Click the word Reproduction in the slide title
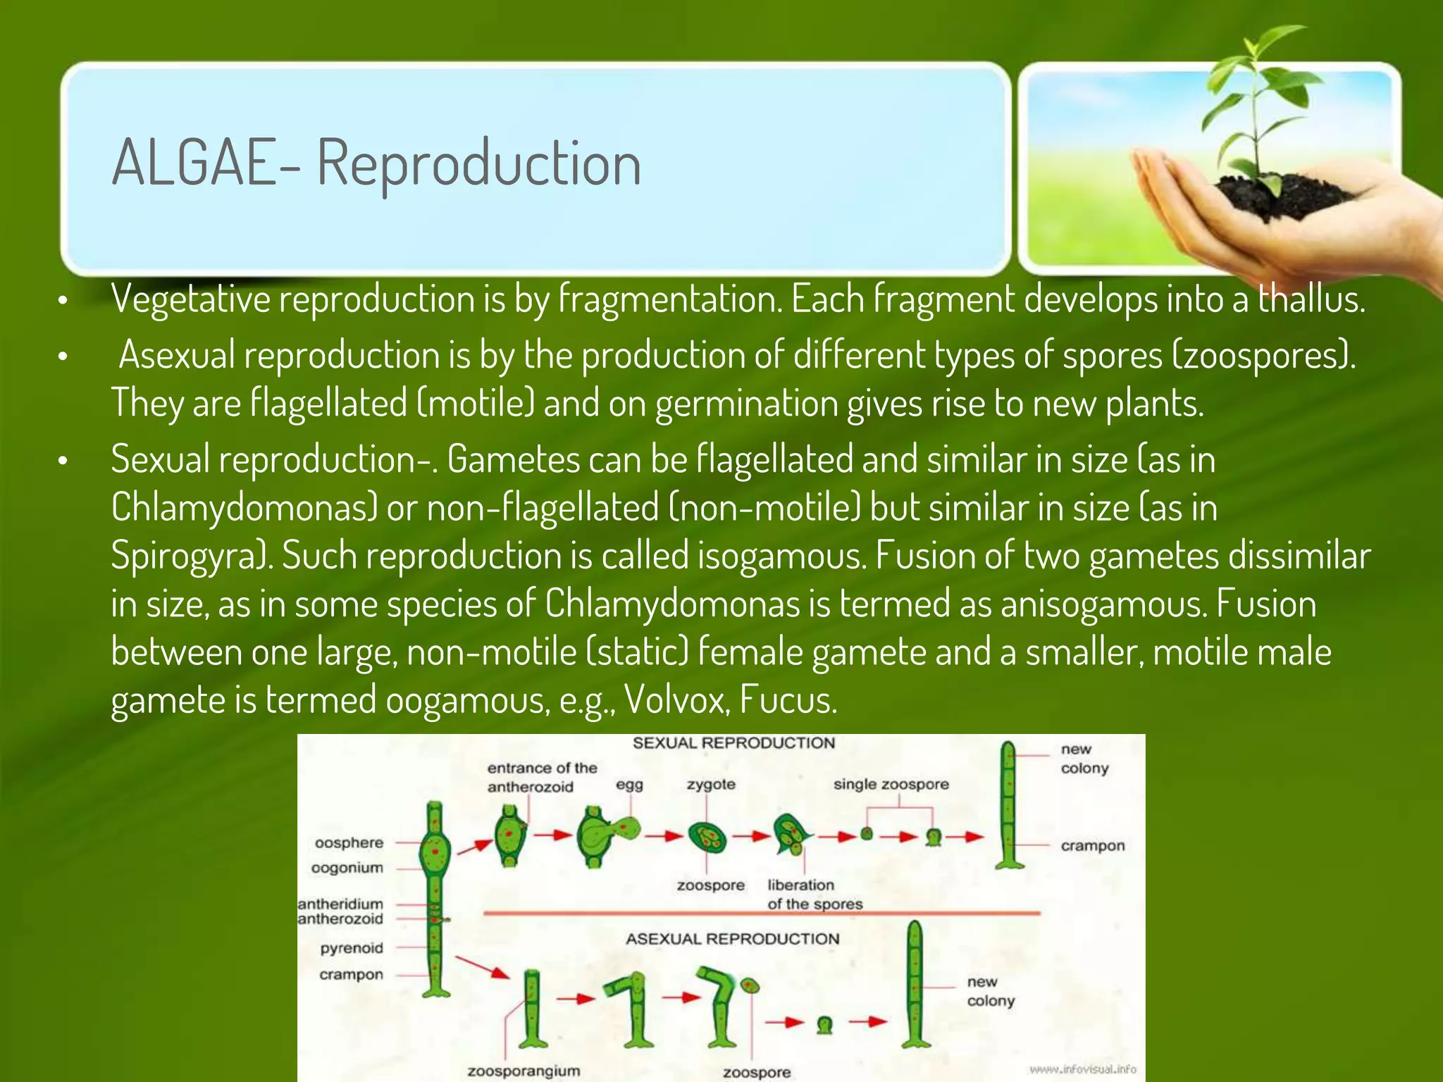[479, 163]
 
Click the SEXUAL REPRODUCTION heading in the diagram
[733, 743]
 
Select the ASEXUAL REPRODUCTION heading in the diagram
[733, 939]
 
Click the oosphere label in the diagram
[349, 842]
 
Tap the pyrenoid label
[352, 948]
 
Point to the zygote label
[711, 784]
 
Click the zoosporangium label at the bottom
[524, 1071]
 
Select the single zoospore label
[891, 784]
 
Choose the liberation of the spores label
[814, 895]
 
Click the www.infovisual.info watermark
[1083, 1069]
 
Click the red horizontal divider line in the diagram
[761, 914]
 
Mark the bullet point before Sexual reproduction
[63, 461]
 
